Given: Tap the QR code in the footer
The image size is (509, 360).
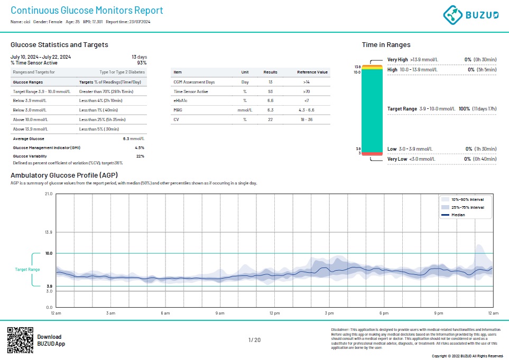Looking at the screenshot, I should (20, 340).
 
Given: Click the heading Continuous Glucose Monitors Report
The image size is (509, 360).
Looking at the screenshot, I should (87, 11).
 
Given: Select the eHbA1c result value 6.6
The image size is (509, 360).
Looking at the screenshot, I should (270, 100).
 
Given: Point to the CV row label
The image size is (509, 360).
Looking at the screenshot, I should (176, 119).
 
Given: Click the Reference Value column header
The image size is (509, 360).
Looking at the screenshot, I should (312, 72).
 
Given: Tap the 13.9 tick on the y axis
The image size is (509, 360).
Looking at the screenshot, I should (48, 232).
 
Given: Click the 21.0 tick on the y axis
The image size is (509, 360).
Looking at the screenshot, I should (48, 194).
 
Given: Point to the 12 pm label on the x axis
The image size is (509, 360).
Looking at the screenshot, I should (274, 313).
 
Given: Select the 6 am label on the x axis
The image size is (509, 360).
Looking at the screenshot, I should (165, 313).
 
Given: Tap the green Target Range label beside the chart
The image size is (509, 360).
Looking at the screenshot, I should (27, 270).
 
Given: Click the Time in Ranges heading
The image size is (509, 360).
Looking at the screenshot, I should (386, 45).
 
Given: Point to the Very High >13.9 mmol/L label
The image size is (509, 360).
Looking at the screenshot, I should (412, 60).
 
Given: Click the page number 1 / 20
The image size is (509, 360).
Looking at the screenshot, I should (254, 340).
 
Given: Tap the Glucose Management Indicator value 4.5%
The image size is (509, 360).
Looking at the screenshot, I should (140, 147).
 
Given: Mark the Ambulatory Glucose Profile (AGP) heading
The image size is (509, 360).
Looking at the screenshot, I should (64, 175).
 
